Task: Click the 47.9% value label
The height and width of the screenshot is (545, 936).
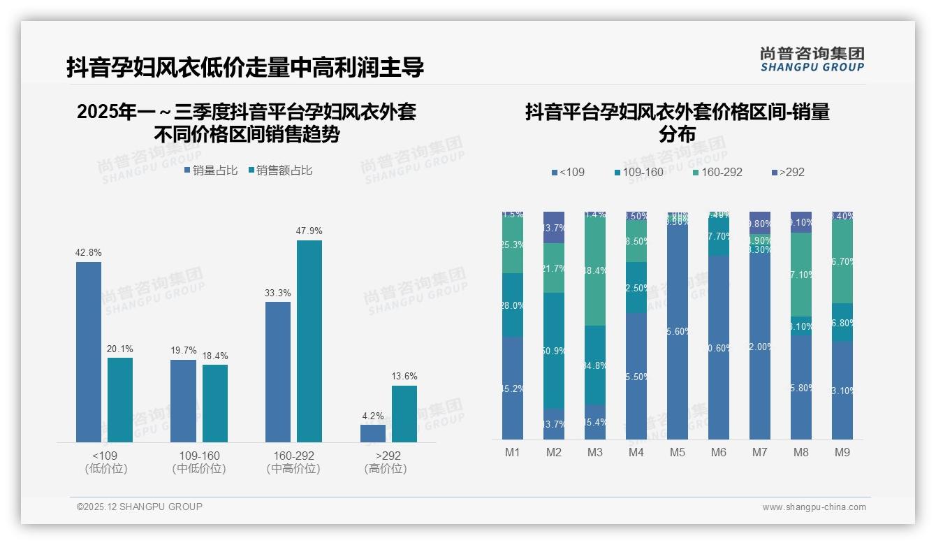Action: [x=309, y=231]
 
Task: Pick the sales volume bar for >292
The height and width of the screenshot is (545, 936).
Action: [x=372, y=433]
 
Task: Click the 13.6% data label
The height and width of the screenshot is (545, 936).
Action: [x=404, y=377]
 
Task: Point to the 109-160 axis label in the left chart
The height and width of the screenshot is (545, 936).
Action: [x=199, y=456]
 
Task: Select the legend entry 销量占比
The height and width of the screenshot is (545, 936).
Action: [x=211, y=170]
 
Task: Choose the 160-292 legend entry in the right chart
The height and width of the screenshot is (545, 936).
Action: [x=717, y=172]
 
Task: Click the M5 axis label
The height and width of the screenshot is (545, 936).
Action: [x=677, y=453]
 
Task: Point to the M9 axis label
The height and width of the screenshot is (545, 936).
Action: [x=842, y=453]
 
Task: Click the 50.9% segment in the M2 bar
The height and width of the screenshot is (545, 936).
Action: [x=554, y=350]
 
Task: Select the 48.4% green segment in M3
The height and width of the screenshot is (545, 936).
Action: [x=595, y=269]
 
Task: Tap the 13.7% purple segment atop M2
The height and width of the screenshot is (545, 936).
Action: [x=554, y=227]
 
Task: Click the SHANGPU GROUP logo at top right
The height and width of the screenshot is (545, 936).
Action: [x=812, y=59]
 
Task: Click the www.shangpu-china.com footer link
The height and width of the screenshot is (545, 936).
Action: [x=814, y=507]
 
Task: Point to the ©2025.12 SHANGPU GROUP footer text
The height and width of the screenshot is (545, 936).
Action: [x=140, y=507]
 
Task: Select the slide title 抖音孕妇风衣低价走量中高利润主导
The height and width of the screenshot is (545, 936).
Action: [x=245, y=68]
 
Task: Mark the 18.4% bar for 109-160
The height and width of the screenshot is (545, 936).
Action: [x=215, y=403]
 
